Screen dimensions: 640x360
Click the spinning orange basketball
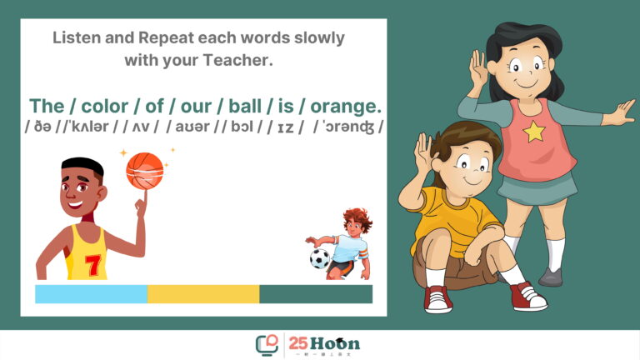144,171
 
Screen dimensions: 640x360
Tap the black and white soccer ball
320,258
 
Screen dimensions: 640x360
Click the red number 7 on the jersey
92,265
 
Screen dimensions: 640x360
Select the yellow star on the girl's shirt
534,132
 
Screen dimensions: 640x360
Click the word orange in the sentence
346,106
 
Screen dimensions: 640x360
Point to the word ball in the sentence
245,106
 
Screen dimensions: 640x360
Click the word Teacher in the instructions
237,60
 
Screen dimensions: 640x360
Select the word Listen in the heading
77,37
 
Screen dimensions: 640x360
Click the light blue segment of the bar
91,294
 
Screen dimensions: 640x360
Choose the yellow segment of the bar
203,294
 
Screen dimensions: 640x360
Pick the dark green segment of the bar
316,294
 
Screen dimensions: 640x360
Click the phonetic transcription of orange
348,127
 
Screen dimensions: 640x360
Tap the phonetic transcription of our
192,127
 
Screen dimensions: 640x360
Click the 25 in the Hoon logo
298,342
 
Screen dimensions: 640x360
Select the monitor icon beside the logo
267,345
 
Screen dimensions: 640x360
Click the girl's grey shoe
551,277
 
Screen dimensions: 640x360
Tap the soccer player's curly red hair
358,219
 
